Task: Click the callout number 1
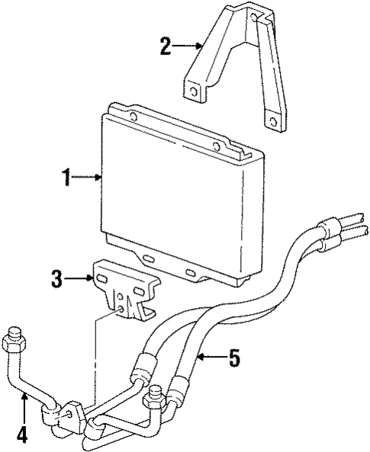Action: click(x=67, y=178)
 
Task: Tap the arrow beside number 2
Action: click(x=188, y=47)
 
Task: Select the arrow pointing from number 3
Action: click(x=79, y=279)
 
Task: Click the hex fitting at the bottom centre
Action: click(x=156, y=396)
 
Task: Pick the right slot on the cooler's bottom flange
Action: click(x=191, y=272)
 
